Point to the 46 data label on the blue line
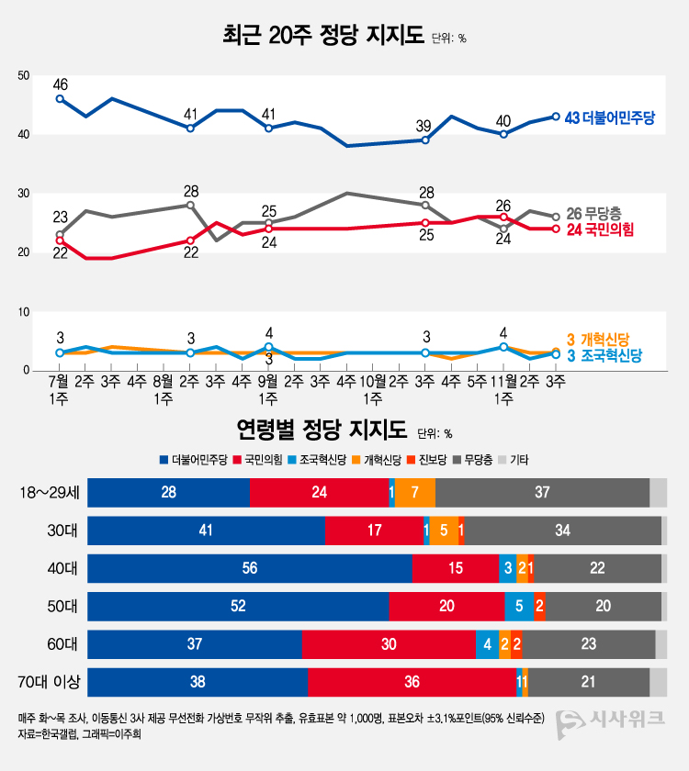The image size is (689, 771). click(61, 84)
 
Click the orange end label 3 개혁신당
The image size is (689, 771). click(602, 340)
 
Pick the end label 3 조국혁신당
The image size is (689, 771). click(602, 355)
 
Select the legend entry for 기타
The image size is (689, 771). click(518, 460)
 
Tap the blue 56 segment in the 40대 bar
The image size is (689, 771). click(249, 568)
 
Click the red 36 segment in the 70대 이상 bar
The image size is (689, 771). click(412, 682)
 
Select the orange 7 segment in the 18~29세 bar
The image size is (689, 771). click(415, 493)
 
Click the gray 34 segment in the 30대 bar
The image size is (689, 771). click(562, 531)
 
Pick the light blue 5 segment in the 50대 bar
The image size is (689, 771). click(519, 607)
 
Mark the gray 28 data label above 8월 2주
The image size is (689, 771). click(191, 192)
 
